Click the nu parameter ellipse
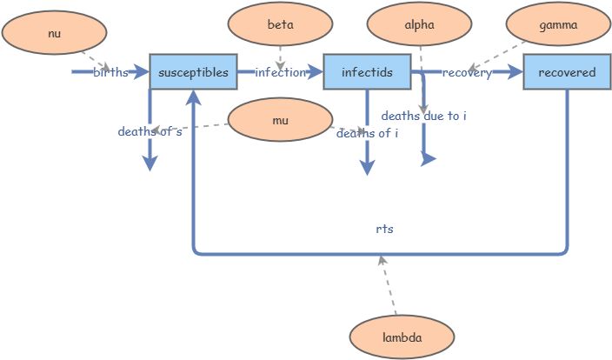pyautogui.click(x=54, y=34)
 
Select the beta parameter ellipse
pyautogui.click(x=280, y=25)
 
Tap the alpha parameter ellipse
pyautogui.click(x=419, y=25)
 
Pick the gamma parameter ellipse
pyautogui.click(x=558, y=25)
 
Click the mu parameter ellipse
pyautogui.click(x=280, y=120)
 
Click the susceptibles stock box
pyautogui.click(x=193, y=72)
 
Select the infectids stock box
pyautogui.click(x=367, y=72)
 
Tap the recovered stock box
pyautogui.click(x=567, y=72)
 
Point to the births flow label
pyautogui.click(x=110, y=72)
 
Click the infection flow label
pyautogui.click(x=280, y=72)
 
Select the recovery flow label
pyautogui.click(x=467, y=72)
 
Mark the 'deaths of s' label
pyautogui.click(x=150, y=132)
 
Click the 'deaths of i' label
pyautogui.click(x=367, y=133)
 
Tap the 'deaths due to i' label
pyautogui.click(x=424, y=116)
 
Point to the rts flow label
pyautogui.click(x=385, y=230)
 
